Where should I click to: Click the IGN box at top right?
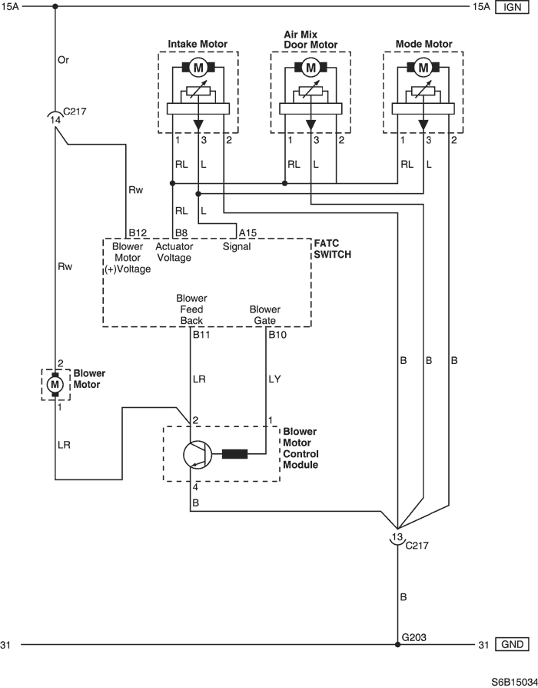[512, 7]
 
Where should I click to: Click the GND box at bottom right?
[512, 644]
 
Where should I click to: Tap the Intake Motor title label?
[198, 45]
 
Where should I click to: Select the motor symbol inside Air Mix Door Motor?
[311, 68]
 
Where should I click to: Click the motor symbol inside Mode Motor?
[423, 68]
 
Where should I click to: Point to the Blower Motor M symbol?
[55, 383]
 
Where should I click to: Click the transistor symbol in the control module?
[198, 454]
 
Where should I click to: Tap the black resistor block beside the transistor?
[234, 454]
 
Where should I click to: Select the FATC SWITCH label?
[332, 248]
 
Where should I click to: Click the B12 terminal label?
[138, 232]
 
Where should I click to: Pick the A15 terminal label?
[248, 232]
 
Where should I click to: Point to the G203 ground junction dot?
[397, 644]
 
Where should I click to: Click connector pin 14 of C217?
[55, 120]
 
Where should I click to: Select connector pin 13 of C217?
[397, 537]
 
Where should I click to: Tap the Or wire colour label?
[65, 59]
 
